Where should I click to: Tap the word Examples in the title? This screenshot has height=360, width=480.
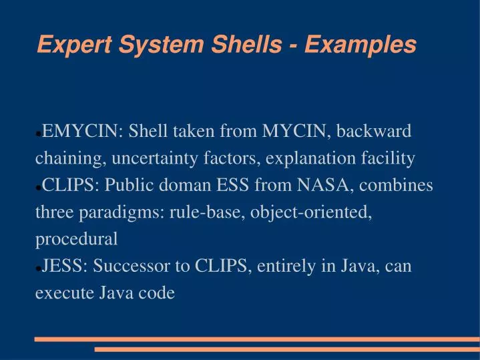pos(361,45)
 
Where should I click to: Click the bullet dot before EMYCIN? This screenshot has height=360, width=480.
pos(38,134)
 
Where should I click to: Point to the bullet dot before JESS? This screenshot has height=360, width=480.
pos(38,268)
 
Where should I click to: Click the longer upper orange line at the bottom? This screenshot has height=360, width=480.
pos(256,339)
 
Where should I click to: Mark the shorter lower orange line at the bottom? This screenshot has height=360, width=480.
pos(286,349)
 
